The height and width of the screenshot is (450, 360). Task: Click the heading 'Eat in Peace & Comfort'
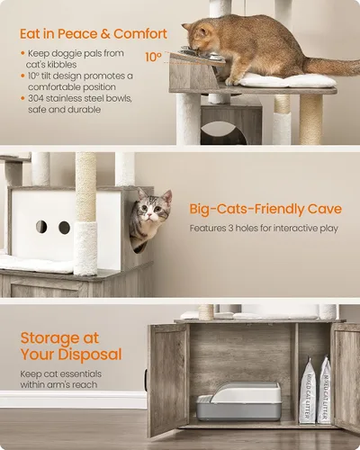(x=94, y=33)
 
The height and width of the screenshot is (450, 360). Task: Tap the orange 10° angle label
(x=153, y=57)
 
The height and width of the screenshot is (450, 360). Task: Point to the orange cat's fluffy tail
(x=331, y=67)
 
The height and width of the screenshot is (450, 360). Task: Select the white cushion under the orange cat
(x=287, y=80)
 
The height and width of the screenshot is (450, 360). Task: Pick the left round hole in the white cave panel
(x=41, y=227)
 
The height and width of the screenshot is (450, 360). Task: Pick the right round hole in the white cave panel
(x=64, y=228)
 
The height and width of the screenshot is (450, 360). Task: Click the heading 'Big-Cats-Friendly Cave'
(x=265, y=209)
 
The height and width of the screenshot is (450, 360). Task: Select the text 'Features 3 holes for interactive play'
(x=264, y=229)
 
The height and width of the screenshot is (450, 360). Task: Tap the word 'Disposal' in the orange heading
(x=90, y=355)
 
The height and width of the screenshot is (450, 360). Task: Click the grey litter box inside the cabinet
(x=239, y=400)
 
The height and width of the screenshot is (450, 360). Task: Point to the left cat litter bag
(x=308, y=390)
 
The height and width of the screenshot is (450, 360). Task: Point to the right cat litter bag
(x=324, y=390)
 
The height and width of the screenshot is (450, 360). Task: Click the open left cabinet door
(x=168, y=379)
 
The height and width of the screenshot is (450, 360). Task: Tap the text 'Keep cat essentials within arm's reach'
(x=61, y=379)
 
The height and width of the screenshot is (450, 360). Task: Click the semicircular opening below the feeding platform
(x=223, y=133)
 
